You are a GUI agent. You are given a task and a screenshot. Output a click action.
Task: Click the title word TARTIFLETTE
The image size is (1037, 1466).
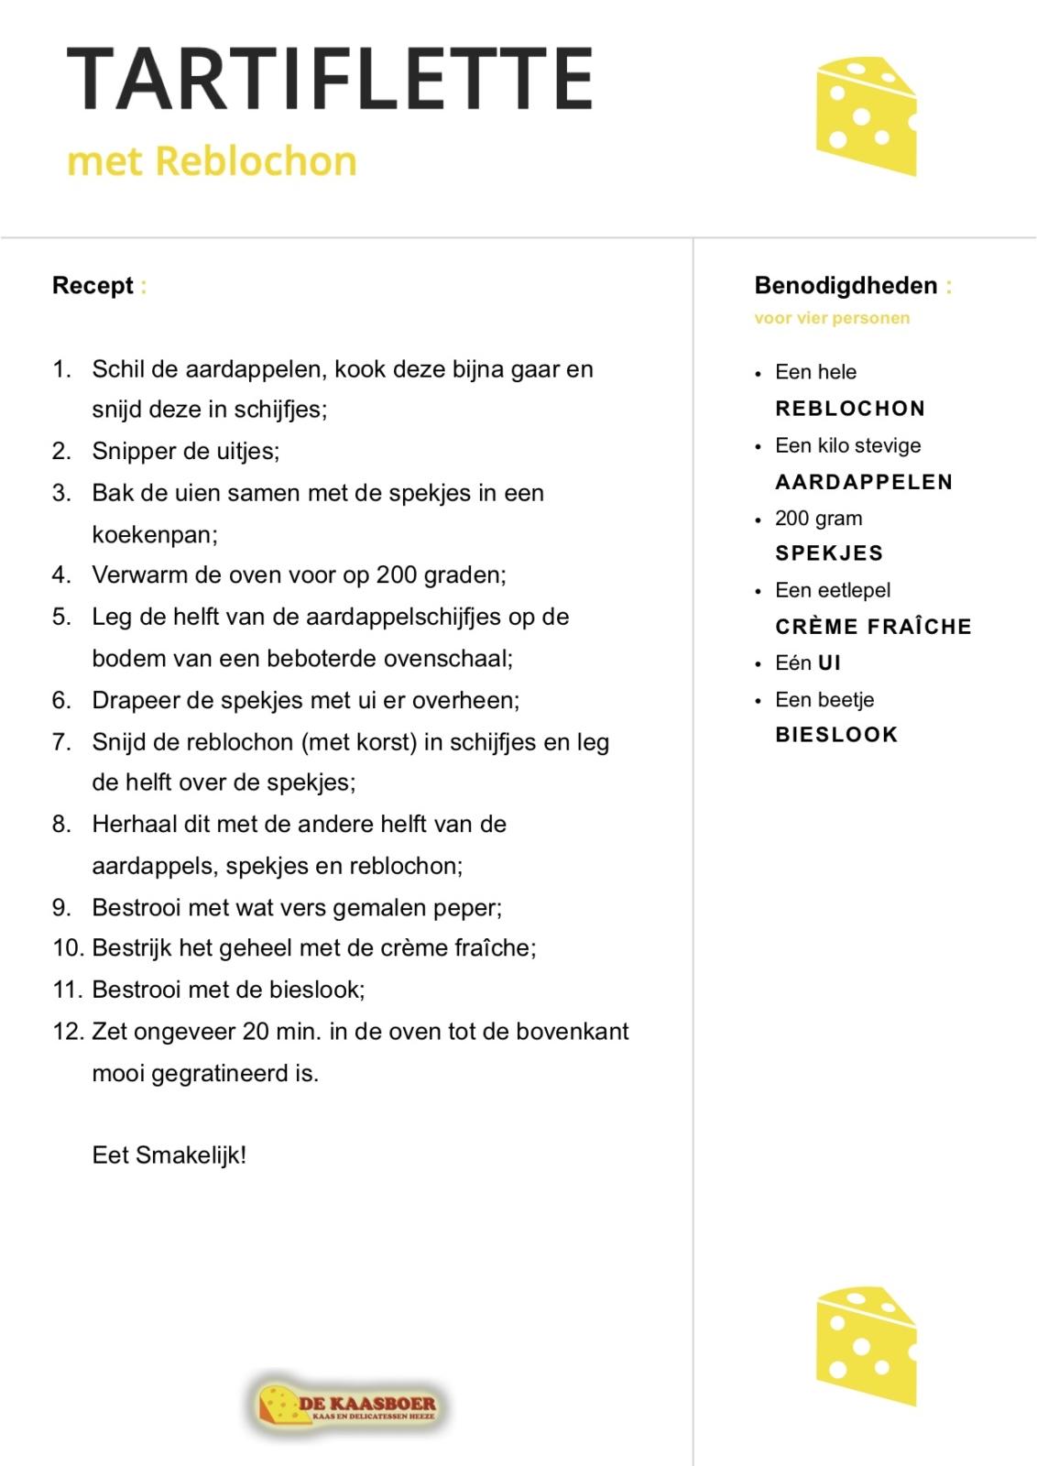point(330,79)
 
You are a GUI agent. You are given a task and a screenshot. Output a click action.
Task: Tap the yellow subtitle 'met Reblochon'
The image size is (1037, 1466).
point(212,161)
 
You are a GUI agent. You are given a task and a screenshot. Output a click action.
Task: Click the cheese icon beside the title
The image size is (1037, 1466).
point(866,116)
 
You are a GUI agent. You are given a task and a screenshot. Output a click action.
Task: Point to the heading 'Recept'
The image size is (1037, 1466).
point(93,286)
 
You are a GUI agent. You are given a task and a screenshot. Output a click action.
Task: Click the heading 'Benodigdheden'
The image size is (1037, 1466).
point(846,286)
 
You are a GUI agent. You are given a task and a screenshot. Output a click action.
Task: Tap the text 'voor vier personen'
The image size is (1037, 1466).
point(832,318)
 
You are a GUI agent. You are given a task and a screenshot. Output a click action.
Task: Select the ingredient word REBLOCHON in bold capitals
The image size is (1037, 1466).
point(849,409)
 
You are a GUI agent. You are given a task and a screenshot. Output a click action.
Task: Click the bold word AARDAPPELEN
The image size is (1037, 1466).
point(864,482)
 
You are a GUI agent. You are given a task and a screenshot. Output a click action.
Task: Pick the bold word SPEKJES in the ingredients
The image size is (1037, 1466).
point(829,553)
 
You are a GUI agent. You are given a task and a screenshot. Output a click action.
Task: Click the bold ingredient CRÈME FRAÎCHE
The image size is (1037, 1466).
point(873,627)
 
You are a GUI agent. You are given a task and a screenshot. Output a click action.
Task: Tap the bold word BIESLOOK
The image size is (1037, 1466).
point(836,735)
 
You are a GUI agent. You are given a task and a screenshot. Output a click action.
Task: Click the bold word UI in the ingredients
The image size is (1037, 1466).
point(829,663)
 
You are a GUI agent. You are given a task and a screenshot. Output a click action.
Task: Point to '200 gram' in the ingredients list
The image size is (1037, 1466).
point(818,519)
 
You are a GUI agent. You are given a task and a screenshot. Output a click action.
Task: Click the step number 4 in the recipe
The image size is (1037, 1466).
point(61,575)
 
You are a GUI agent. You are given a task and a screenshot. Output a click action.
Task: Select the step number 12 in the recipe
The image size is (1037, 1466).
point(68,1032)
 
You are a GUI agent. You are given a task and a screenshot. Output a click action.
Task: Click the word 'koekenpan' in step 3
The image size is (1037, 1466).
point(154,534)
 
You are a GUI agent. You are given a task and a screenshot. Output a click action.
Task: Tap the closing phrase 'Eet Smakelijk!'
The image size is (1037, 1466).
point(169,1154)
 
